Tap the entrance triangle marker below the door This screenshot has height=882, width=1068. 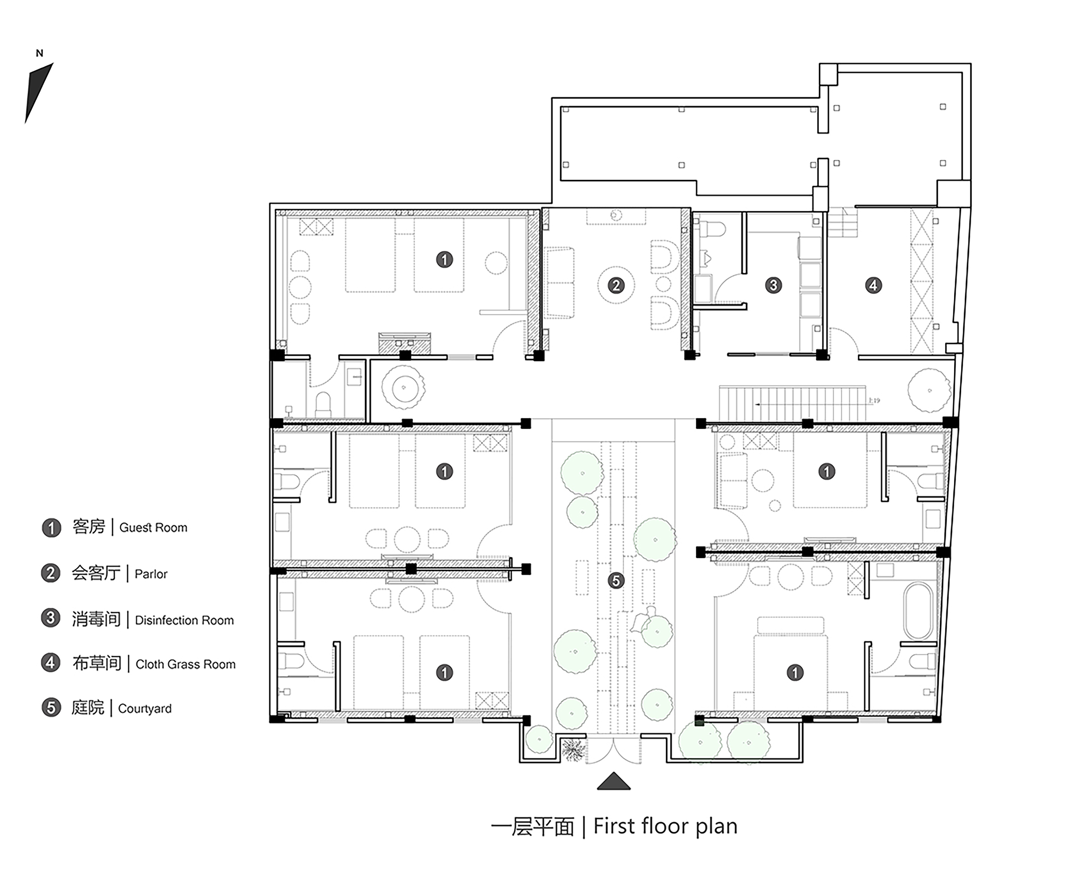tap(614, 781)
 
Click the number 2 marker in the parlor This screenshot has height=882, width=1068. tap(616, 286)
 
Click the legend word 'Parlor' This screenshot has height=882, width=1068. tap(151, 574)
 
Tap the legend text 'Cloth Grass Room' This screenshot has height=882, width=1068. tap(186, 665)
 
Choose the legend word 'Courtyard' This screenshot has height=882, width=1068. tap(145, 709)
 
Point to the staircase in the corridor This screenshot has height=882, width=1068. tap(793, 404)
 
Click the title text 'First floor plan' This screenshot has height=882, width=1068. tap(665, 827)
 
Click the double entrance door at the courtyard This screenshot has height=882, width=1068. tap(614, 750)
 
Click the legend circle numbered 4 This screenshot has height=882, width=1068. tap(50, 663)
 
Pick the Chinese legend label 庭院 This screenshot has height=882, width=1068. tap(88, 708)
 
